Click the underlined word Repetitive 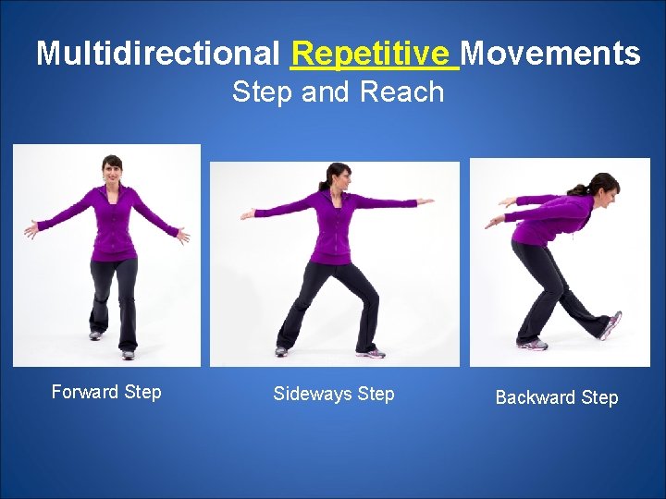pos(374,53)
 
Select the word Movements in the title pos(550,54)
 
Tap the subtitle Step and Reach pos(338,91)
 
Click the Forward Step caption pos(106,392)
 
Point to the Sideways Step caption pos(334,394)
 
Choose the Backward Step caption pos(557,397)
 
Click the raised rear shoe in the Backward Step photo pos(610,324)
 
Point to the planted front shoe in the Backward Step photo pos(533,345)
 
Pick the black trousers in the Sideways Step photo pos(328,296)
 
